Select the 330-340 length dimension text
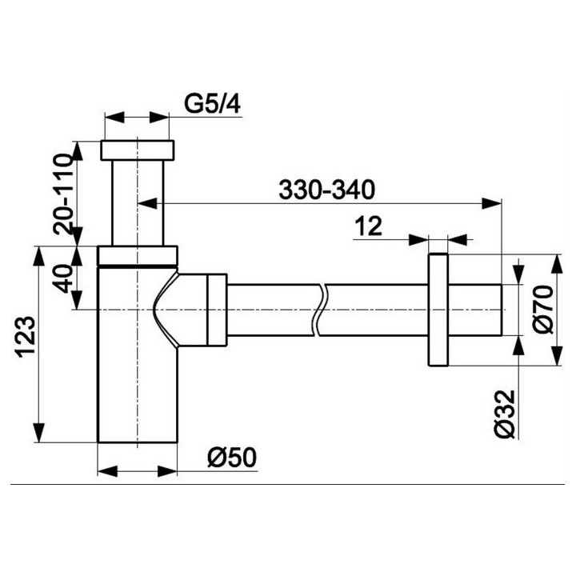(326, 190)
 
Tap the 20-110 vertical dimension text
(63, 194)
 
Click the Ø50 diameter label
(232, 458)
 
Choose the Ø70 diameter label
(544, 310)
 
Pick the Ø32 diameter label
(504, 414)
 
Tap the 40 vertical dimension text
(63, 278)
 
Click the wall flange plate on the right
(438, 310)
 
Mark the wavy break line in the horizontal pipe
(319, 310)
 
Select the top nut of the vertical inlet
(138, 150)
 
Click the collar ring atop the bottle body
(138, 255)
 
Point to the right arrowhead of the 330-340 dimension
(491, 203)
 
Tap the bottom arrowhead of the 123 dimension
(39, 433)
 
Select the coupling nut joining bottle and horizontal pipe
(217, 310)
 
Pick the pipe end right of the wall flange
(475, 310)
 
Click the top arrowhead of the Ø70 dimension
(558, 264)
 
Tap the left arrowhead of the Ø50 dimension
(107, 471)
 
